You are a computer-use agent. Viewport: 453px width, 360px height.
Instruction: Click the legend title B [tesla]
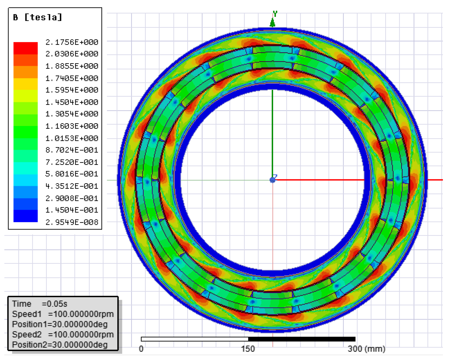38,17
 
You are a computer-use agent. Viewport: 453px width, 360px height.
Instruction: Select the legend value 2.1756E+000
72,42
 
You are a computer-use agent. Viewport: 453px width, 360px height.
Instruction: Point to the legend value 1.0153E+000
72,138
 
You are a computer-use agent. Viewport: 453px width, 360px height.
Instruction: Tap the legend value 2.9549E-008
72,222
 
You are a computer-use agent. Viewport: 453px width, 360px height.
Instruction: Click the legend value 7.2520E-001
72,162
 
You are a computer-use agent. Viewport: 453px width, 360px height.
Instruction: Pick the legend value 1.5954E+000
72,90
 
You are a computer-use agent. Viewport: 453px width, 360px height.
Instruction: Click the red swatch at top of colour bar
26,48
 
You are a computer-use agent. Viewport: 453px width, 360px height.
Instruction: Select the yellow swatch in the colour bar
26,84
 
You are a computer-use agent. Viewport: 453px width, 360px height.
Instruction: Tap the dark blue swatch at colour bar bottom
26,216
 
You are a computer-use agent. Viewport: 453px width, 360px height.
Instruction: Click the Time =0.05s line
39,304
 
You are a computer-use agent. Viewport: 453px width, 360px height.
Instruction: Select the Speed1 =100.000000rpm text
63,314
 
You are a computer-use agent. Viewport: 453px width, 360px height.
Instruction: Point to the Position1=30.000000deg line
60,324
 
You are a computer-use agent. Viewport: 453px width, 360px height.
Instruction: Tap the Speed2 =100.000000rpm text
63,334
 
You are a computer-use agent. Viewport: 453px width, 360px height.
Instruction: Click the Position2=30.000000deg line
60,345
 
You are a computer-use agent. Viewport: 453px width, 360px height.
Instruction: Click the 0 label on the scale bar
141,349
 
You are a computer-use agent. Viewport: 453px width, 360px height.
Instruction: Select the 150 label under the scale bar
248,349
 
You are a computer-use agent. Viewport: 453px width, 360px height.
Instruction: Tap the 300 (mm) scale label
366,349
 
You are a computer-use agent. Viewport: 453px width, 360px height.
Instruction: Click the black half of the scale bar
302,339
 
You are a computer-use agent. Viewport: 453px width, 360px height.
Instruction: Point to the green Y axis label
275,14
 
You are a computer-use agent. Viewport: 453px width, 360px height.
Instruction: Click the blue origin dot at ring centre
272,180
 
